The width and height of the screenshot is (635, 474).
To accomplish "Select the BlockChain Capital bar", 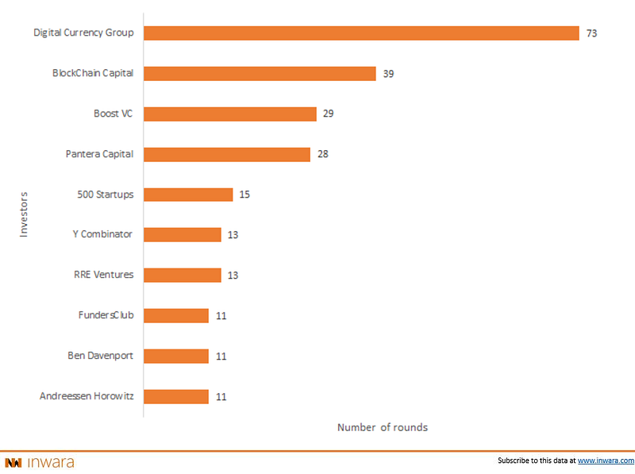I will tap(260, 74).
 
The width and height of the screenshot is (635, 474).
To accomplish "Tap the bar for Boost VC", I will tap(230, 114).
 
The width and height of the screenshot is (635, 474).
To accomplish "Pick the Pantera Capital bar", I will tap(227, 154).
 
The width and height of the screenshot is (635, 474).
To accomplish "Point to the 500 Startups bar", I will tap(188, 195).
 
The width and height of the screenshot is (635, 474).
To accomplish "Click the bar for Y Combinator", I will tap(183, 235).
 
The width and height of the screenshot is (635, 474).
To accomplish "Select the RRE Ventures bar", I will tap(183, 276).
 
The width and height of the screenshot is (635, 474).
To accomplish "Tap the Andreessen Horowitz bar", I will tap(176, 396).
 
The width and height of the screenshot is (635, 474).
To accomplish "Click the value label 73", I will tap(591, 33).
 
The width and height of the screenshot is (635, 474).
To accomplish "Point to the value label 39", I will tap(388, 74).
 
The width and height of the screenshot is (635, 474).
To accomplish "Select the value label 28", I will tap(322, 154).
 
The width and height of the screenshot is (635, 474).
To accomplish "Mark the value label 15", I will tap(244, 195).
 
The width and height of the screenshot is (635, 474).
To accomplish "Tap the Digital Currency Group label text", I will tap(83, 33).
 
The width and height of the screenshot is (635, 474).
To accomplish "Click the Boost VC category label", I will tap(113, 114).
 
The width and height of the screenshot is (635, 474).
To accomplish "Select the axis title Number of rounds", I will tap(383, 427).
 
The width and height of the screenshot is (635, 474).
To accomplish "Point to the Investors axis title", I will tap(24, 214).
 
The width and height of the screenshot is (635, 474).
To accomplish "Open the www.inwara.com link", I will tap(606, 461).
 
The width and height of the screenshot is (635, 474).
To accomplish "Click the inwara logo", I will tap(40, 462).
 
